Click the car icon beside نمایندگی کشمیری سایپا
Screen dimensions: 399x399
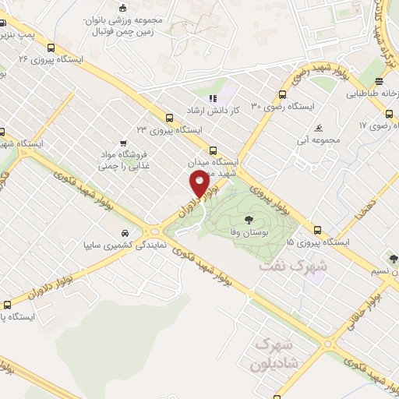point(125,233)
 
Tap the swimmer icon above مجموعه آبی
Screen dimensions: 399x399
point(320,129)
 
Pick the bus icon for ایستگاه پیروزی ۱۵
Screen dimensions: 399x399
point(317,231)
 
